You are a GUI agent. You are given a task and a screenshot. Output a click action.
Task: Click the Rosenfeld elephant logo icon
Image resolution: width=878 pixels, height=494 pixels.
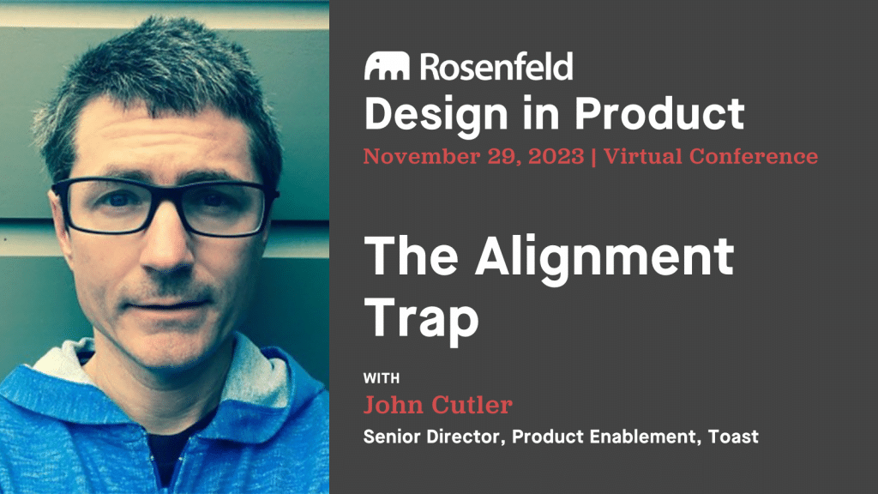pos(387,66)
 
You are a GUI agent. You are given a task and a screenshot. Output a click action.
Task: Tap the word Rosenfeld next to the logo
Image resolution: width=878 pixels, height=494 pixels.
pos(496,66)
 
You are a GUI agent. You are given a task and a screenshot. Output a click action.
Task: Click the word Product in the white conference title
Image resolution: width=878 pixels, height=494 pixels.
pos(659,113)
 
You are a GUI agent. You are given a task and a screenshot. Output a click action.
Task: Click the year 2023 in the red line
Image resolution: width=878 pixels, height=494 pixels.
pos(556,156)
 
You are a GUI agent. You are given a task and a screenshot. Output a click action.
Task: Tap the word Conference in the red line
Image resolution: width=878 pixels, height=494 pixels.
pos(754,156)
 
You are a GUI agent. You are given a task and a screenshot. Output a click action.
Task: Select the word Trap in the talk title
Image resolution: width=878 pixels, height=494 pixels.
pos(422,318)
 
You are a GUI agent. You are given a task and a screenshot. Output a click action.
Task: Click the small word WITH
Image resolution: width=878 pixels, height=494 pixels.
pos(382,378)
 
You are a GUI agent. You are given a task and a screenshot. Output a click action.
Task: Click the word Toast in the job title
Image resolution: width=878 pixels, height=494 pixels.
pos(733,437)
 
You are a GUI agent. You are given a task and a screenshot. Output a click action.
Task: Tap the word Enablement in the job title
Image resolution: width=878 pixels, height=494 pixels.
pos(646,437)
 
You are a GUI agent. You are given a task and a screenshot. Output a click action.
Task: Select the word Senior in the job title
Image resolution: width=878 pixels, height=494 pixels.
pos(392,437)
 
